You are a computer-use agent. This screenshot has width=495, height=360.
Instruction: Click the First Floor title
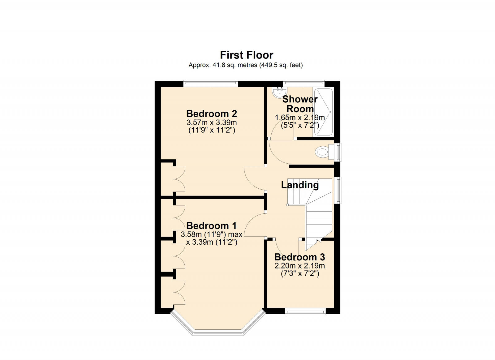pyautogui.click(x=247, y=55)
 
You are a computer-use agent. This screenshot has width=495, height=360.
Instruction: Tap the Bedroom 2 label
pyautogui.click(x=212, y=114)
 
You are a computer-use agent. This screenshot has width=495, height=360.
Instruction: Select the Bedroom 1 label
pyautogui.click(x=212, y=225)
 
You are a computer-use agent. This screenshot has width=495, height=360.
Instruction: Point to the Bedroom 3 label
pyautogui.click(x=299, y=257)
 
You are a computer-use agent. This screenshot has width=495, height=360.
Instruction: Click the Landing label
pyautogui.click(x=300, y=185)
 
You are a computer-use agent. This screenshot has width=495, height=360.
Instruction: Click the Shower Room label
pyautogui.click(x=300, y=104)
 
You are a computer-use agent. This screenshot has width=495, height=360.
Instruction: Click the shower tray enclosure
pyautogui.click(x=323, y=112)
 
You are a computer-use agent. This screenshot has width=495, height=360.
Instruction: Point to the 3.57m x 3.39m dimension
pyautogui.click(x=212, y=122)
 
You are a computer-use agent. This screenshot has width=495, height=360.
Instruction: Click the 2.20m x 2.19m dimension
pyautogui.click(x=299, y=266)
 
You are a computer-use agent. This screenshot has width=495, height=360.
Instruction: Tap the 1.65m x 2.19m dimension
pyautogui.click(x=299, y=118)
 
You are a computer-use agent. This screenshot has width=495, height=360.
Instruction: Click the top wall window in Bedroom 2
pyautogui.click(x=210, y=83)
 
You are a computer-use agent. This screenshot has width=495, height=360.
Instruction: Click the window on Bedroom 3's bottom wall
pyautogui.click(x=305, y=311)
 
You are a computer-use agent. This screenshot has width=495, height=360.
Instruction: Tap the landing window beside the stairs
pyautogui.click(x=338, y=190)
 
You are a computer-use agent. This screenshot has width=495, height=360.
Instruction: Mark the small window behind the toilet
pyautogui.click(x=338, y=152)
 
